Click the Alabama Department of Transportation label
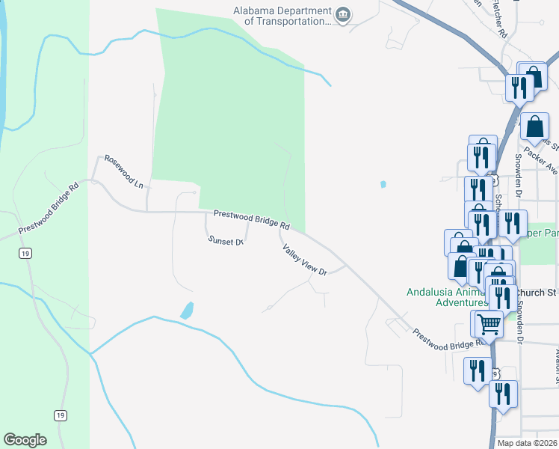pos(282,16)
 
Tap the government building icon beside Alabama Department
pos(343,16)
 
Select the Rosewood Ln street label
pos(123,171)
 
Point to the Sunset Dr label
pos(226,241)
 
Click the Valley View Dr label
pos(305,259)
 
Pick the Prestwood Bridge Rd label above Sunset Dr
pos(251,219)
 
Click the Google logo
pos(25,440)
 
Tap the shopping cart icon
pos(489,324)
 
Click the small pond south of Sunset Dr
pos(187,309)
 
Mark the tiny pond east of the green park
pos(383,183)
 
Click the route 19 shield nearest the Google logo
pos(59,415)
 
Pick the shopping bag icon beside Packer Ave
pos(536,126)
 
